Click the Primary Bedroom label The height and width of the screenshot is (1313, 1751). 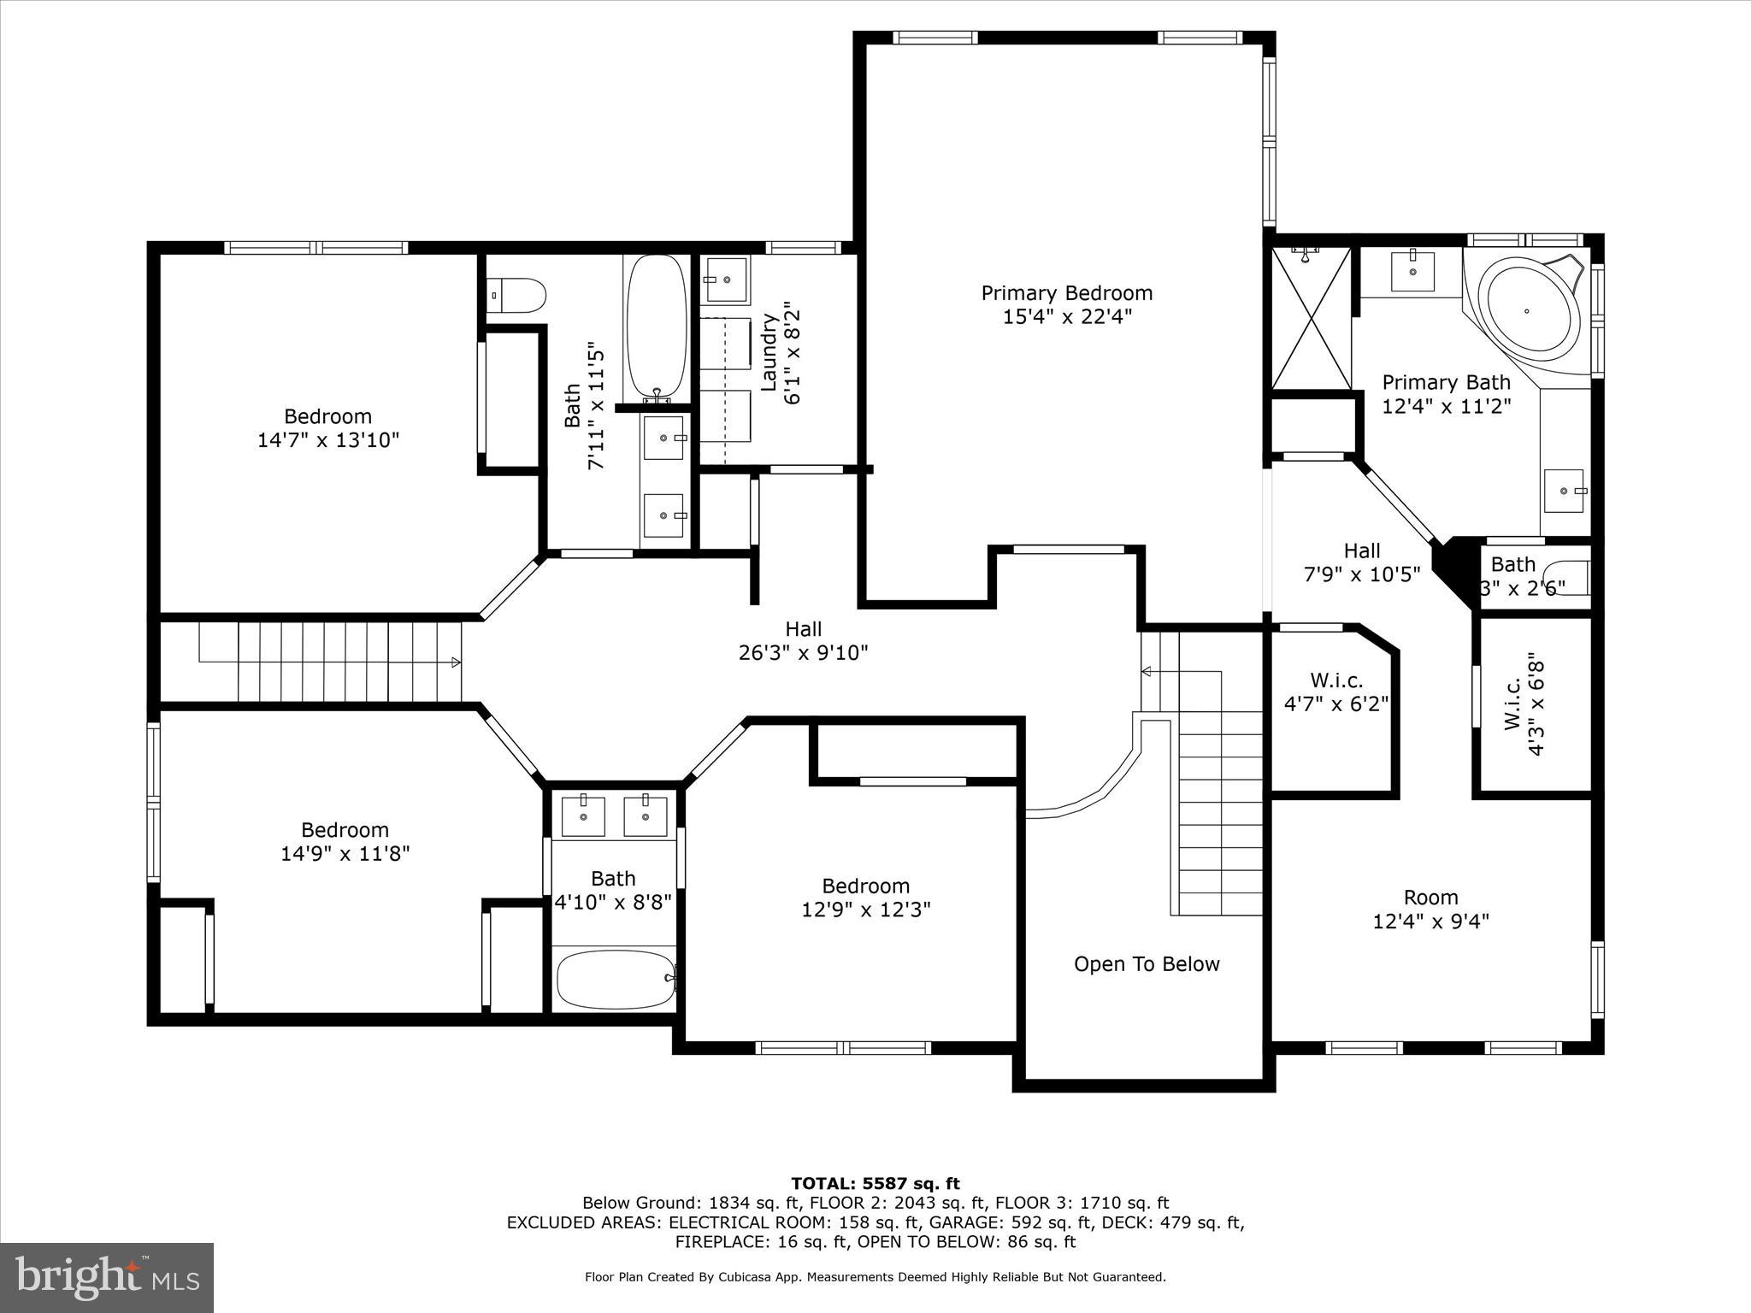tap(1066, 293)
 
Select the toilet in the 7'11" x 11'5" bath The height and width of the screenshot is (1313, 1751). tap(516, 296)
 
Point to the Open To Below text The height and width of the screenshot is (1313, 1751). tap(1147, 964)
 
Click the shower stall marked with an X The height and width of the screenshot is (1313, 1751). tap(1311, 318)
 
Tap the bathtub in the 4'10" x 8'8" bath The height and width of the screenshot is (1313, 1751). tap(615, 980)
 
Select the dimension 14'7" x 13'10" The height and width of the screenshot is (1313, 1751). tap(328, 440)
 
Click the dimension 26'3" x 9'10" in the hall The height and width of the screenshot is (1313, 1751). tap(803, 653)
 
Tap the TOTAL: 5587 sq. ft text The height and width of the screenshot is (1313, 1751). tap(875, 1183)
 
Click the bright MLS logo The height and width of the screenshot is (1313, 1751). tap(107, 1277)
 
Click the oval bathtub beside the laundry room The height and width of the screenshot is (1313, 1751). tap(657, 327)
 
